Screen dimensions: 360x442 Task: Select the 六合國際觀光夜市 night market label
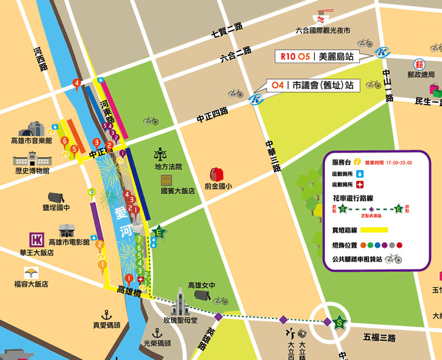pos(323,31)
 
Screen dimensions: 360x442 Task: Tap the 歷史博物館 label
pos(31,171)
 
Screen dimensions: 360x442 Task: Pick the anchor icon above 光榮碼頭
pos(158,333)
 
